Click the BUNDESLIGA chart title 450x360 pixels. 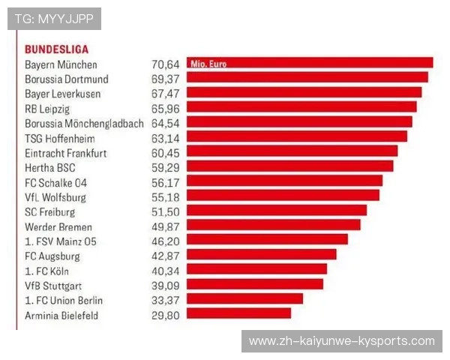(x=56, y=49)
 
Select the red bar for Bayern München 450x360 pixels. (x=309, y=63)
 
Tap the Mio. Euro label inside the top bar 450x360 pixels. (x=208, y=64)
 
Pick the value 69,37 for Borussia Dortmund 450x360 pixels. (x=166, y=79)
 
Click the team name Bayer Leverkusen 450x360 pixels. (x=63, y=94)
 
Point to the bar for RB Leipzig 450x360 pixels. (x=301, y=108)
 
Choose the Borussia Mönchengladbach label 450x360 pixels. (x=84, y=123)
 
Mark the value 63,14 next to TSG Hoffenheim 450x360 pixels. (x=166, y=137)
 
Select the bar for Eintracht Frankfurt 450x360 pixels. (x=292, y=152)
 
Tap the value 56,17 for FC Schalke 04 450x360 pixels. (x=166, y=182)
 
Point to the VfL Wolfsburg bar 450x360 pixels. (x=283, y=196)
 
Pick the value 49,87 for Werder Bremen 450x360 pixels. (x=166, y=226)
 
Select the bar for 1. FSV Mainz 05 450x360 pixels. (x=267, y=241)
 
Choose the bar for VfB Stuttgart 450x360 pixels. (x=254, y=285)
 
